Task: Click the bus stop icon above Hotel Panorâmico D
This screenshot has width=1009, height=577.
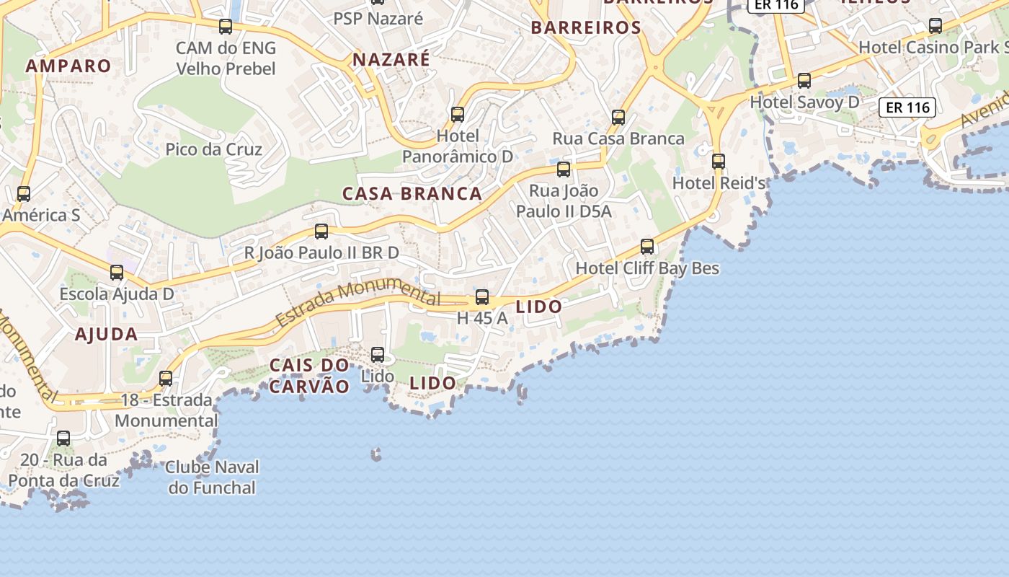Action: [x=457, y=114]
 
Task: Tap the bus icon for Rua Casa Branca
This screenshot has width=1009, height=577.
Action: [x=618, y=117]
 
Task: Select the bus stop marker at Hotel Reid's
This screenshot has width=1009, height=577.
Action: [x=718, y=161]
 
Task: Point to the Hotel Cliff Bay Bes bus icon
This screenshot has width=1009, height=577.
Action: [x=647, y=247]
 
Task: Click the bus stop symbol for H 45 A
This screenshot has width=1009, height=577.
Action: [x=482, y=296]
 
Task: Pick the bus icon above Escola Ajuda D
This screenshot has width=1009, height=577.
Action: [x=117, y=273]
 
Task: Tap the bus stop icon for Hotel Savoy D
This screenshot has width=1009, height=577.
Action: [x=804, y=81]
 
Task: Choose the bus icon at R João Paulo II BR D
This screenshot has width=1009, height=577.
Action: [x=321, y=232]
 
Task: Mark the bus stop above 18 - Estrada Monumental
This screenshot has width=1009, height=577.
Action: [x=166, y=378]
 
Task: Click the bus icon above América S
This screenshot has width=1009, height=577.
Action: [x=24, y=193]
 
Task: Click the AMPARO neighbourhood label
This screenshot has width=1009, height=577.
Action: [x=68, y=66]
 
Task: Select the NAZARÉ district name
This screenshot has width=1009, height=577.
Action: [x=391, y=60]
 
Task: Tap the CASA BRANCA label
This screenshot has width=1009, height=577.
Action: [x=412, y=193]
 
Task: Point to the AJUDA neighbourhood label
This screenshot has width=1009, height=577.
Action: [x=106, y=334]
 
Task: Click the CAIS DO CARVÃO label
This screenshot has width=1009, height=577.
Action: [x=309, y=376]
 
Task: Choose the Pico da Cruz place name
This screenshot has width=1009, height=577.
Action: [x=213, y=149]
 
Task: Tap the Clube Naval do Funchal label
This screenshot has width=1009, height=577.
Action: [x=212, y=477]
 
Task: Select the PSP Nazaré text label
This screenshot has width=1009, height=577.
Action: [x=378, y=19]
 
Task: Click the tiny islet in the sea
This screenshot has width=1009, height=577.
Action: [x=375, y=454]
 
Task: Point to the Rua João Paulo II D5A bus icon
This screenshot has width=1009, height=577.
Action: [x=564, y=169]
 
